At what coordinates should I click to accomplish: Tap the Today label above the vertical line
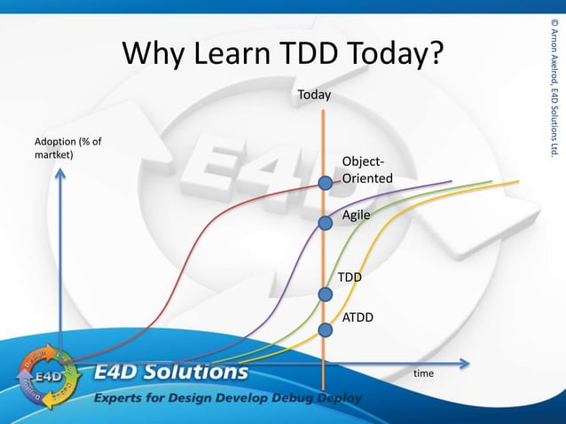(x=314, y=93)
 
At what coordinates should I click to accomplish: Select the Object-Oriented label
(x=363, y=171)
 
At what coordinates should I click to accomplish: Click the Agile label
(x=356, y=215)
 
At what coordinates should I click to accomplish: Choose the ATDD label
(x=358, y=316)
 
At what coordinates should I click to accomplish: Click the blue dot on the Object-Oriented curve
(x=326, y=184)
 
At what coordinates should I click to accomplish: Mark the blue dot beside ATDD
(x=326, y=330)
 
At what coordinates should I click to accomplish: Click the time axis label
(x=424, y=373)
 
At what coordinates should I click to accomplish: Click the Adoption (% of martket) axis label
(x=67, y=148)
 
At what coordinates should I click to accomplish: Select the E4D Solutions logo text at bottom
(x=171, y=372)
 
